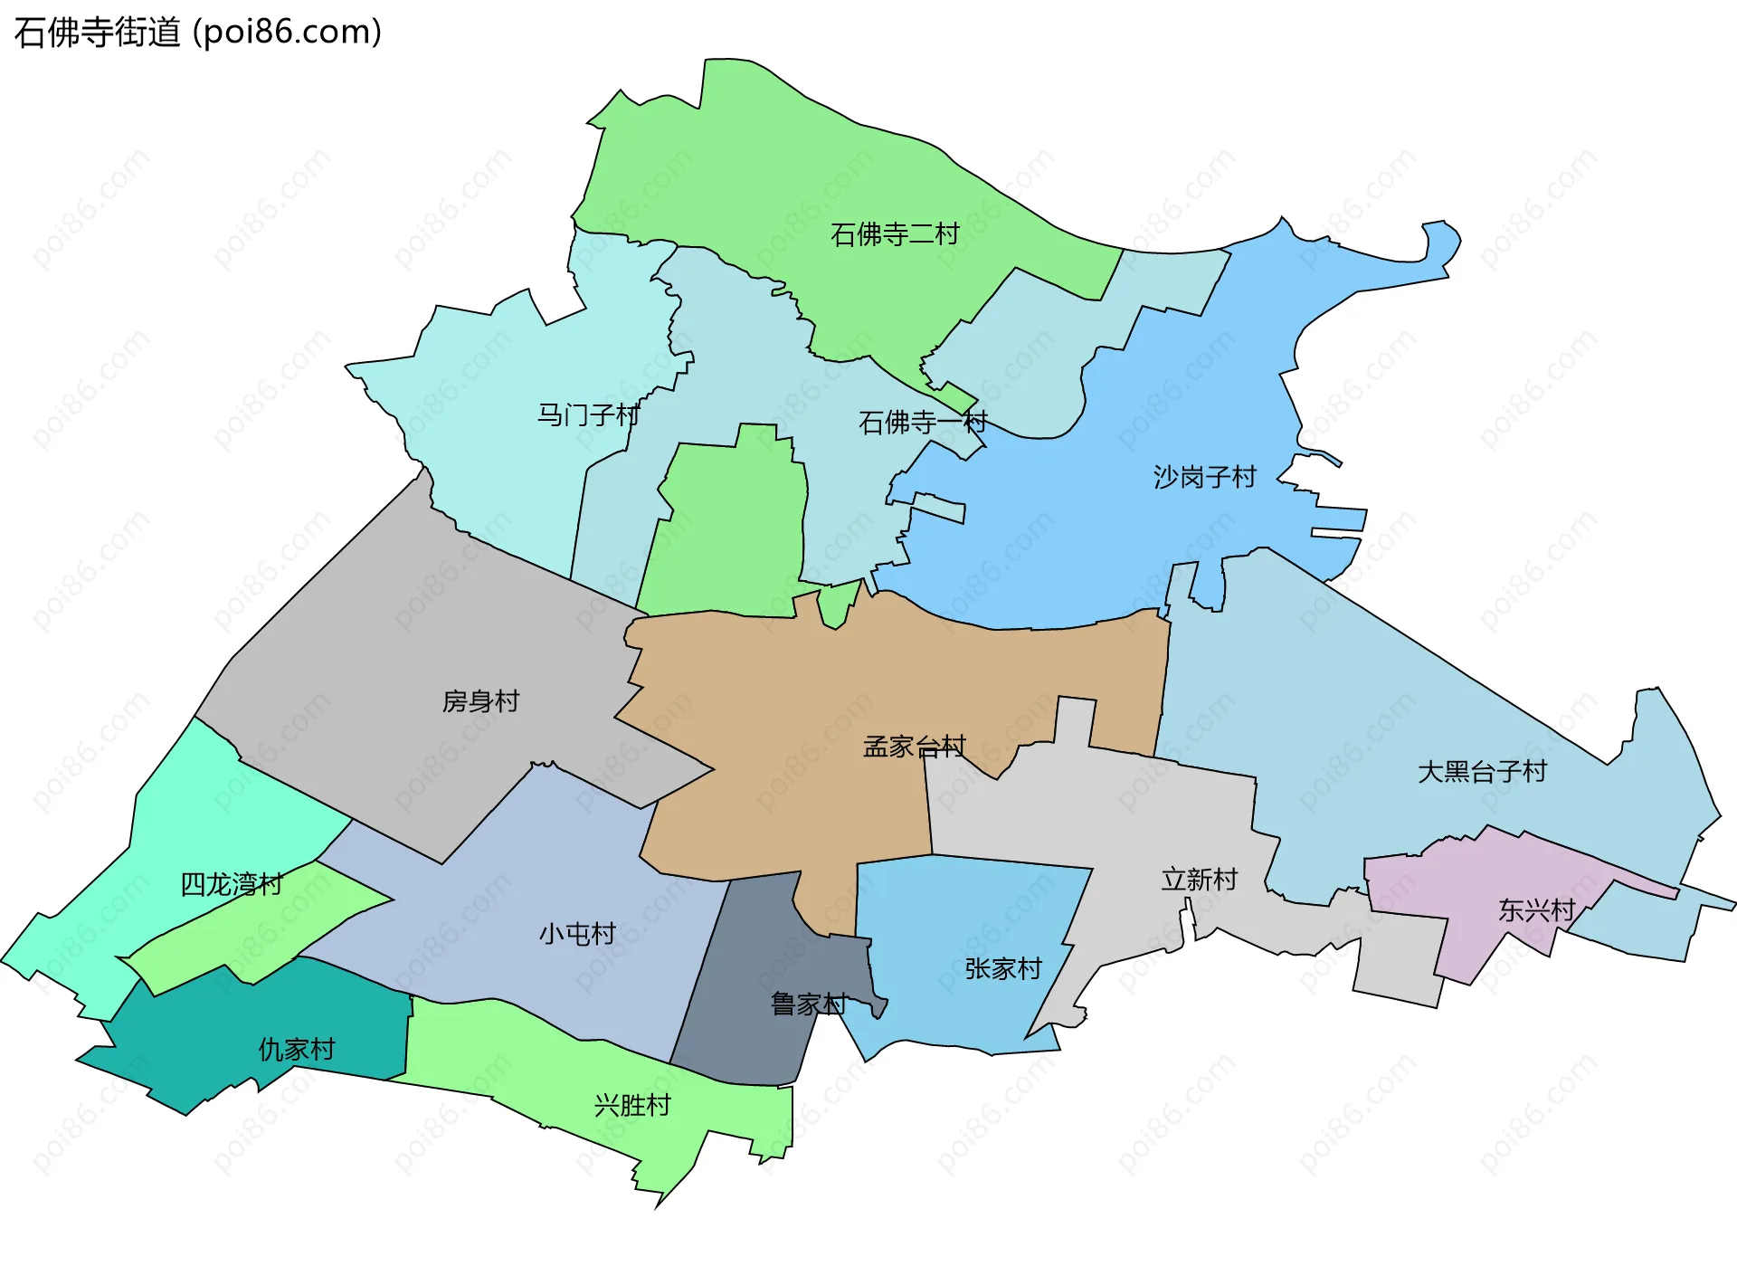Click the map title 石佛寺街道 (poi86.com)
coord(198,32)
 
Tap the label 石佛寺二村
coord(895,234)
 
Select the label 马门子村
coord(588,415)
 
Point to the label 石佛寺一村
coord(923,422)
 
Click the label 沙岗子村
coord(1205,477)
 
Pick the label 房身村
coord(480,701)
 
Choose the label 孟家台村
coord(915,747)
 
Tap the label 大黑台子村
coord(1482,772)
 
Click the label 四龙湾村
coord(232,884)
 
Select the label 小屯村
coord(577,934)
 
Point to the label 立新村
coord(1200,880)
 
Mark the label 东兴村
coord(1537,910)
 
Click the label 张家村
coord(1003,969)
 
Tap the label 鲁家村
coord(809,1004)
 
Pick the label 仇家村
coord(297,1050)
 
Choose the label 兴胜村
coord(632,1106)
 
